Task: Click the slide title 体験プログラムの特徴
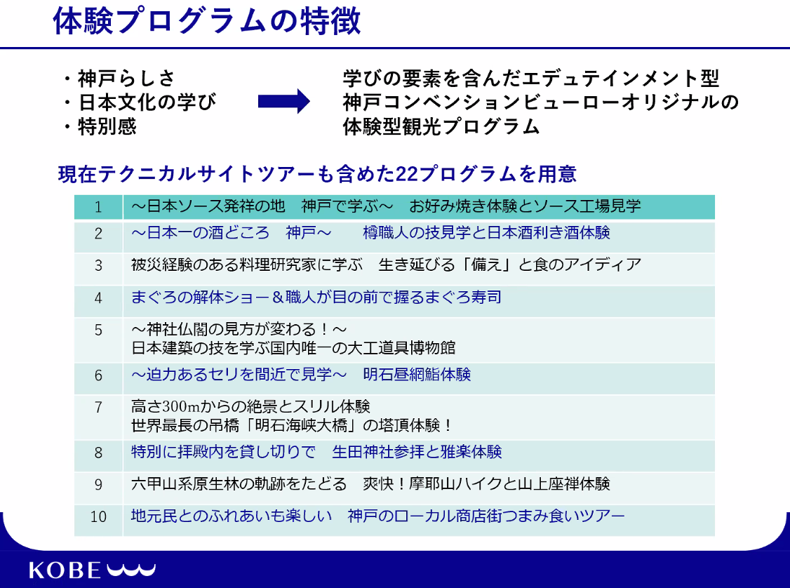206,21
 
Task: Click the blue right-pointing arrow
283,101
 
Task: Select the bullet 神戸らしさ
126,79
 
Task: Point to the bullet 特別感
107,126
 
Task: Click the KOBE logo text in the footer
65,570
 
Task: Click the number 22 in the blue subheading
407,174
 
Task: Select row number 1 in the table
98,207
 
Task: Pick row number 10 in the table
98,516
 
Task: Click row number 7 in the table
98,407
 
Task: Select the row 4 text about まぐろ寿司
316,298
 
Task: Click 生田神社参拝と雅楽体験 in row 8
417,452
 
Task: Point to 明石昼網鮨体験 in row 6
417,375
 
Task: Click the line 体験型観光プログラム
441,126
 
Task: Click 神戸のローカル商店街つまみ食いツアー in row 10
486,516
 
